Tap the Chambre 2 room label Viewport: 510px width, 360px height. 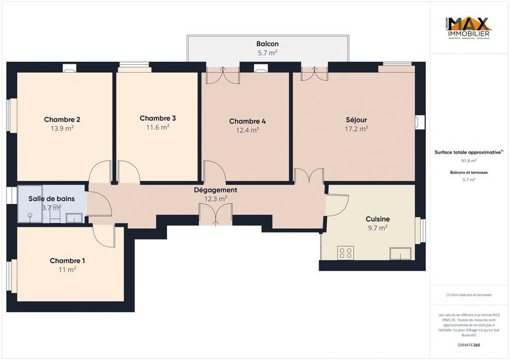click(x=62, y=120)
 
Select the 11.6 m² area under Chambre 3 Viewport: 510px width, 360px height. click(x=157, y=127)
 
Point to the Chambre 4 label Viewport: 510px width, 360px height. click(x=247, y=122)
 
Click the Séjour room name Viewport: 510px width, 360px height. click(x=356, y=120)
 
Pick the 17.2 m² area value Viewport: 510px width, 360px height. click(x=356, y=129)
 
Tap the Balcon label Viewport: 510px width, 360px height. click(x=267, y=44)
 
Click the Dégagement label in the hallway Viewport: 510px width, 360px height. click(x=215, y=190)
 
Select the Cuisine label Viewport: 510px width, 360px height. click(x=377, y=219)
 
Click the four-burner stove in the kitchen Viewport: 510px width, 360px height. click(x=346, y=253)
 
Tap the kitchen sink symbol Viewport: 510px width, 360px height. click(x=400, y=254)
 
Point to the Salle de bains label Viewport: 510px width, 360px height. click(x=52, y=199)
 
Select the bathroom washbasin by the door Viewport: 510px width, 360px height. click(x=74, y=218)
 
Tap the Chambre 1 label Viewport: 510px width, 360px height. click(x=67, y=261)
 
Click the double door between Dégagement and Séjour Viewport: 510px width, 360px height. click(x=309, y=176)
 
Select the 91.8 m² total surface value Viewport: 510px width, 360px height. click(x=469, y=161)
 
